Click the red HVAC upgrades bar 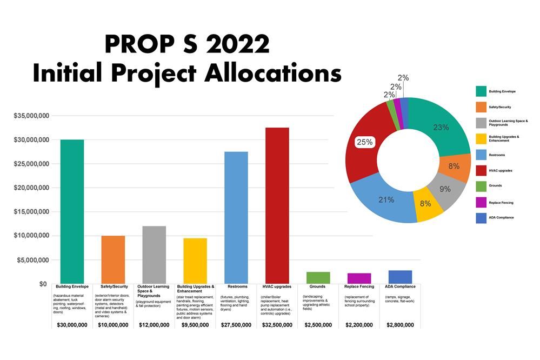[x=277, y=205]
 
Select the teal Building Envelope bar [x=72, y=211]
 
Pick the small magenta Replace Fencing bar [x=359, y=278]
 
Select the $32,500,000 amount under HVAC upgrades [x=277, y=325]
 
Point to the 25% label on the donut [x=364, y=142]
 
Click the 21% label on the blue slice [x=386, y=199]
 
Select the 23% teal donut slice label [x=441, y=128]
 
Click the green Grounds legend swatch [x=481, y=185]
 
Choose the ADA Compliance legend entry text [x=501, y=217]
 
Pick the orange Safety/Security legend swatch [x=481, y=107]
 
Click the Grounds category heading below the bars [x=317, y=286]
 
